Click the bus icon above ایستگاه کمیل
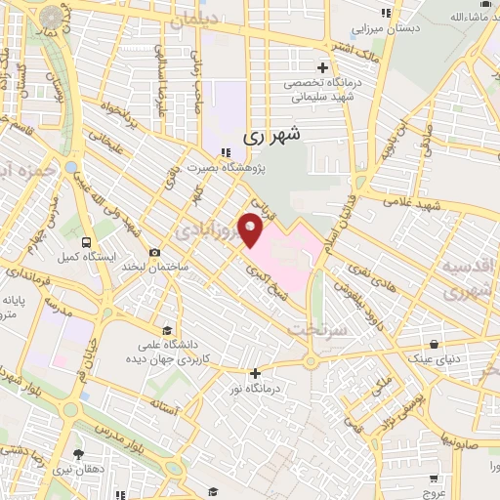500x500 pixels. click(88, 242)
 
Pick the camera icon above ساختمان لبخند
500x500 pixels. click(154, 253)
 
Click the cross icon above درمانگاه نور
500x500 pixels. click(256, 372)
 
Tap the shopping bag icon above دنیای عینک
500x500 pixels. click(435, 344)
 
